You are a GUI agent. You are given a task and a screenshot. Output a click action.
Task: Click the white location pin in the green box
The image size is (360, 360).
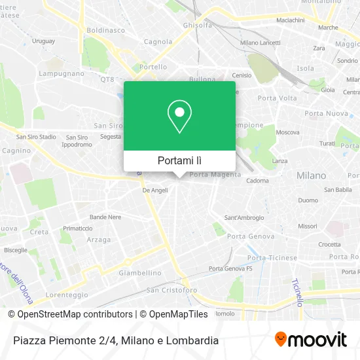coord(179,117)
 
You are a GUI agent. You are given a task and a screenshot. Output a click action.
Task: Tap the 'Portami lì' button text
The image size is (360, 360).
coord(179,160)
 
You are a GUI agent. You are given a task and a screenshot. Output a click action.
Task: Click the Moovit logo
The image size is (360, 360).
coord(311,340)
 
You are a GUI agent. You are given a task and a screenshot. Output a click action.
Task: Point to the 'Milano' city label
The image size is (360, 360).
coord(311,175)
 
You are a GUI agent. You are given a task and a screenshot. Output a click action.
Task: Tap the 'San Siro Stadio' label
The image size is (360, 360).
coord(36,137)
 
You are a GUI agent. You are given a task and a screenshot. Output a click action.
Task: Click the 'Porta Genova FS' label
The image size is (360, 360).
coord(230,269)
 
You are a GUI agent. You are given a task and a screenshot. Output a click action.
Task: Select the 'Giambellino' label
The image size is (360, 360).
coord(140,273)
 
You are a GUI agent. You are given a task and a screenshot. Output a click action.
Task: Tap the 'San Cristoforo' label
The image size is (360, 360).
coord(171,289)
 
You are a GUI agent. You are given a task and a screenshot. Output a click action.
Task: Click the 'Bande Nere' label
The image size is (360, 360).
coord(105,217)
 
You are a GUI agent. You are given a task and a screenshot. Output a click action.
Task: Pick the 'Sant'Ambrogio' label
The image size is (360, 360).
coord(244,217)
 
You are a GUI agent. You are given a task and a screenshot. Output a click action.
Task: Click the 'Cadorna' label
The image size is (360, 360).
coord(258,181)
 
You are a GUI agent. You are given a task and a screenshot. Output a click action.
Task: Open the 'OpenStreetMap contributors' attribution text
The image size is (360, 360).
coord(71,314)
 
